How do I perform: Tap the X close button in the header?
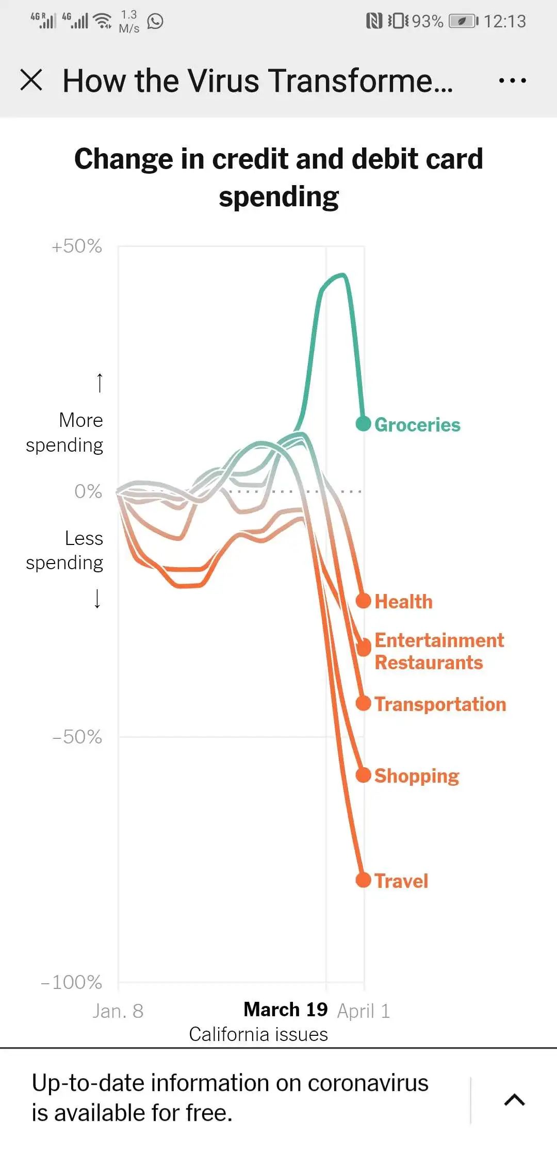(31, 80)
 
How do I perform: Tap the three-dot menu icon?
(512, 80)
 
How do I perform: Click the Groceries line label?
(417, 425)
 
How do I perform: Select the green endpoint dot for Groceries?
(364, 423)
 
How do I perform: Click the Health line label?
(403, 602)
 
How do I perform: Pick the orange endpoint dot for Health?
(364, 601)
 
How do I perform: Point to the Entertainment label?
(439, 640)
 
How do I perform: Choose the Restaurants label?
(429, 663)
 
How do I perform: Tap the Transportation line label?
(440, 704)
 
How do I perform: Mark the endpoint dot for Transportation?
(364, 703)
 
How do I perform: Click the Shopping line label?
(417, 776)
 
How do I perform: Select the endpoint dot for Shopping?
(364, 775)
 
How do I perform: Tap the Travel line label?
(401, 881)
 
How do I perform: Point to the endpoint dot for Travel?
(364, 880)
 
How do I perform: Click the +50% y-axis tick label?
(77, 246)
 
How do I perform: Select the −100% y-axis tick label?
(72, 982)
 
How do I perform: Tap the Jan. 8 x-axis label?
(118, 1011)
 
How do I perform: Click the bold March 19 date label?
(285, 1010)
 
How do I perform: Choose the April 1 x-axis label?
(364, 1011)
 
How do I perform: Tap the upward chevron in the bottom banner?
(514, 1100)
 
